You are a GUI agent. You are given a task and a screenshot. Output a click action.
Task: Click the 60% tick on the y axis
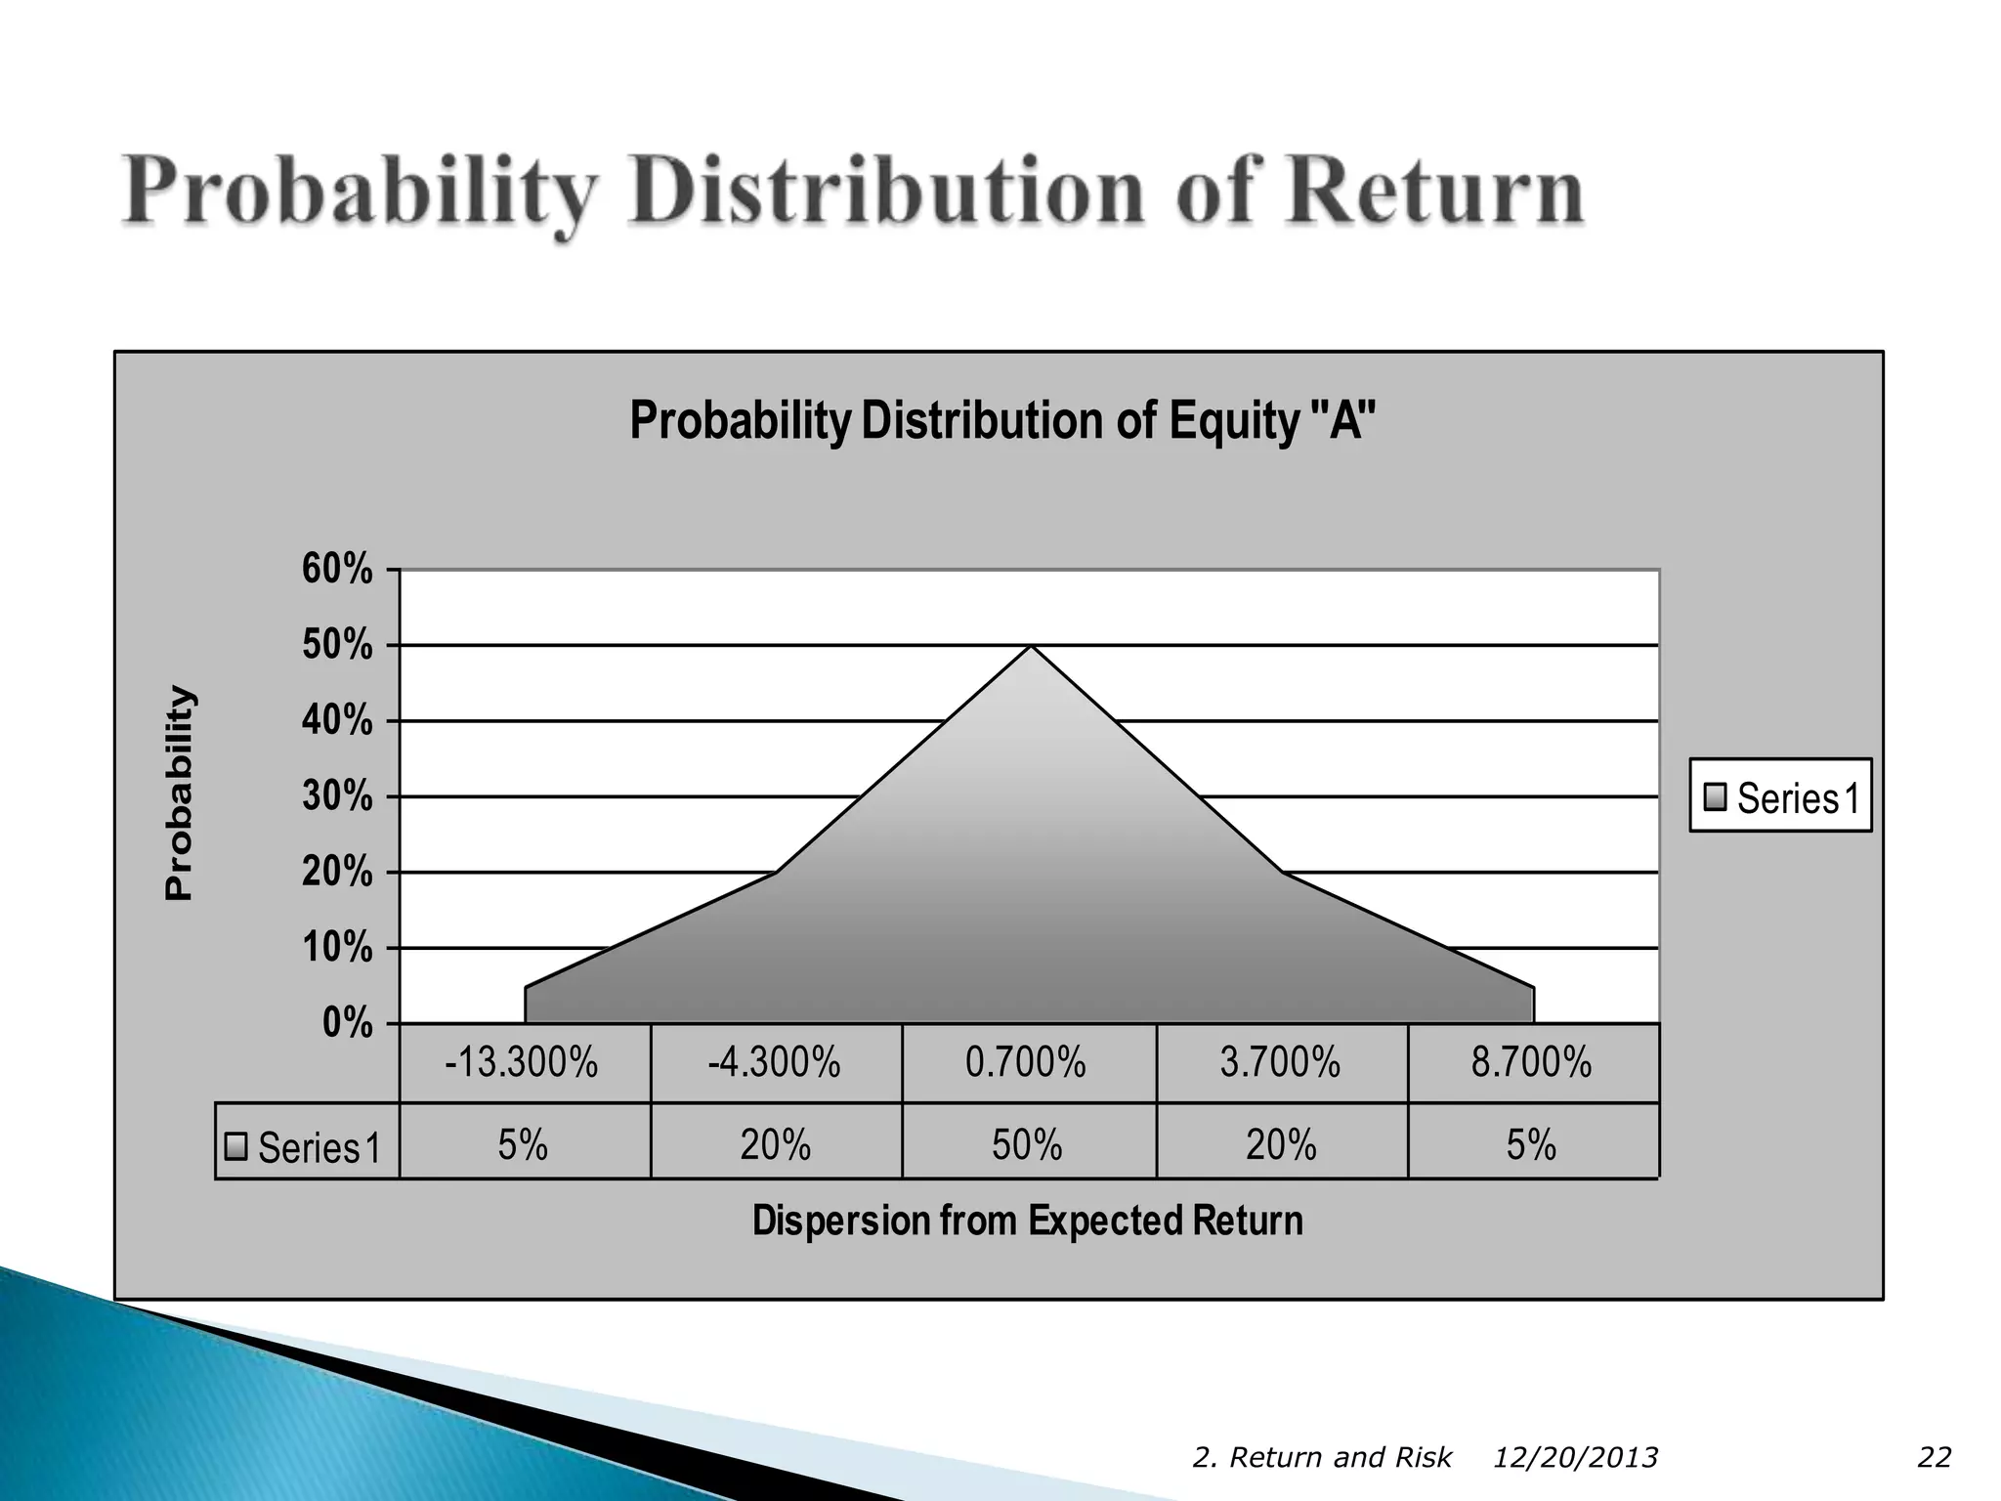click(x=337, y=569)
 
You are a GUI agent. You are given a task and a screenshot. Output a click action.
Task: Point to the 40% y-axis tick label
click(x=337, y=721)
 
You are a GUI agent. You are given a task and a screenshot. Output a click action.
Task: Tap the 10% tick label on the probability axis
click(x=337, y=948)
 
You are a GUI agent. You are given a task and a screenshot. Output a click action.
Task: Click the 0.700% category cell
click(x=1026, y=1062)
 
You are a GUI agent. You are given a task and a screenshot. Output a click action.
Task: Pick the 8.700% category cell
click(x=1531, y=1062)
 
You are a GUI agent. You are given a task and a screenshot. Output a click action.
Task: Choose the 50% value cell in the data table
click(x=1027, y=1144)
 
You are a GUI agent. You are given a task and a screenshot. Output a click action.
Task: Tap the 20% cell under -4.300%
click(x=776, y=1144)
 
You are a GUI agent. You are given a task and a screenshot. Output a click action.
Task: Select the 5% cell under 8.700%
click(x=1531, y=1144)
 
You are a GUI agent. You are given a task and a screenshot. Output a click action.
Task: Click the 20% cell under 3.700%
click(x=1281, y=1144)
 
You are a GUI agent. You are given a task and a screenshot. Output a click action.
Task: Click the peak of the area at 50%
click(x=1031, y=648)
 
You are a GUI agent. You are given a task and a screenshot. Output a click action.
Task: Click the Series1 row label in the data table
click(x=306, y=1146)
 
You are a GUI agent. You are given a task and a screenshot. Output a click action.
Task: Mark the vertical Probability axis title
click(x=180, y=793)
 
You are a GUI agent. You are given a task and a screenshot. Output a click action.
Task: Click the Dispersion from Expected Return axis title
click(x=1027, y=1222)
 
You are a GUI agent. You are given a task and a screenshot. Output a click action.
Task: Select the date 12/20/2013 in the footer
click(x=1575, y=1458)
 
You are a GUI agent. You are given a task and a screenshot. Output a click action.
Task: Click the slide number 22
click(x=1934, y=1458)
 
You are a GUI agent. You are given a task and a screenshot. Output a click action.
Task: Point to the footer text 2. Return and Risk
click(x=1322, y=1458)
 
